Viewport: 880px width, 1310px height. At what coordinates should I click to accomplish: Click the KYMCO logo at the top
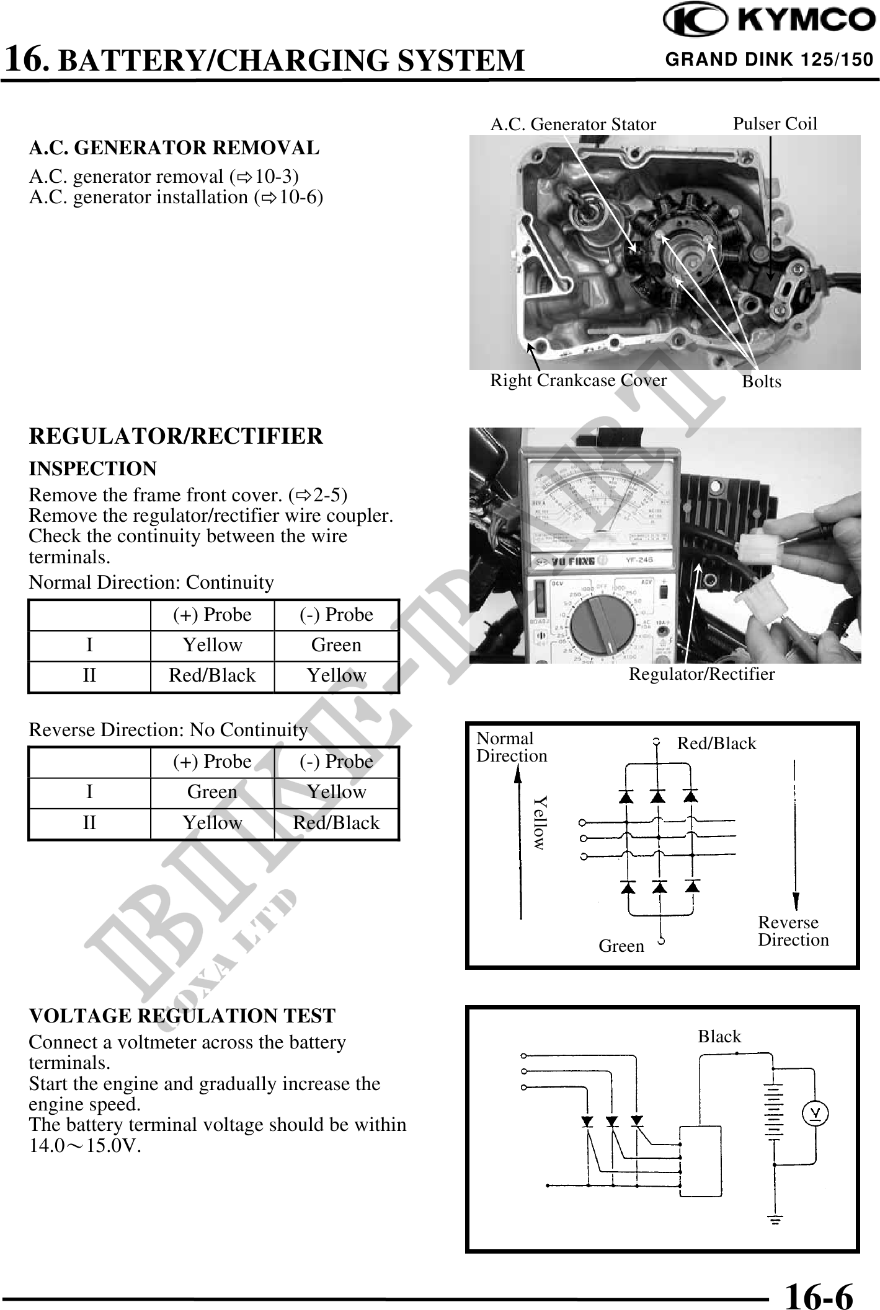tap(768, 21)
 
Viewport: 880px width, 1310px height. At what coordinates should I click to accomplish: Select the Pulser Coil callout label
tap(775, 123)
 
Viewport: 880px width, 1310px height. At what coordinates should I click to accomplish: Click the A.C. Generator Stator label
tap(572, 125)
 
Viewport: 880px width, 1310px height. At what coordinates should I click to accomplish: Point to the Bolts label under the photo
tap(762, 382)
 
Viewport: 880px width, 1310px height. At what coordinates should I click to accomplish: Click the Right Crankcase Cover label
tap(578, 380)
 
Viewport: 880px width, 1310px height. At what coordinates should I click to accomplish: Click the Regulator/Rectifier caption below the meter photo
tap(701, 674)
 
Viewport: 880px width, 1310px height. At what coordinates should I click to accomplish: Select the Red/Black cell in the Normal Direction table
tap(212, 675)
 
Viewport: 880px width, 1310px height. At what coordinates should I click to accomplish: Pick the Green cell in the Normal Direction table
tap(336, 645)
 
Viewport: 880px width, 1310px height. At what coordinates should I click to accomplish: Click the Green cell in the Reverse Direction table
tap(212, 792)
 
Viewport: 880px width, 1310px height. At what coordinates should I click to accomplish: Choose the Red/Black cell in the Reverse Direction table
tap(336, 823)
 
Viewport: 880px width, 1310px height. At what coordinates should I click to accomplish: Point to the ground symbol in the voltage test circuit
tap(775, 1220)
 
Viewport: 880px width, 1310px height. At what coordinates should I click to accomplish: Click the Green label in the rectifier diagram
tap(621, 946)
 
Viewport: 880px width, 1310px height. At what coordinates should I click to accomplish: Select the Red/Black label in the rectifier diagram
tap(716, 744)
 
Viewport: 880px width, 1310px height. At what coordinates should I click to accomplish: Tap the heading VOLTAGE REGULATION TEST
tap(182, 1016)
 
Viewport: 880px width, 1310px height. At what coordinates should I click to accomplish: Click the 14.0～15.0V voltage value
tap(85, 1146)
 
